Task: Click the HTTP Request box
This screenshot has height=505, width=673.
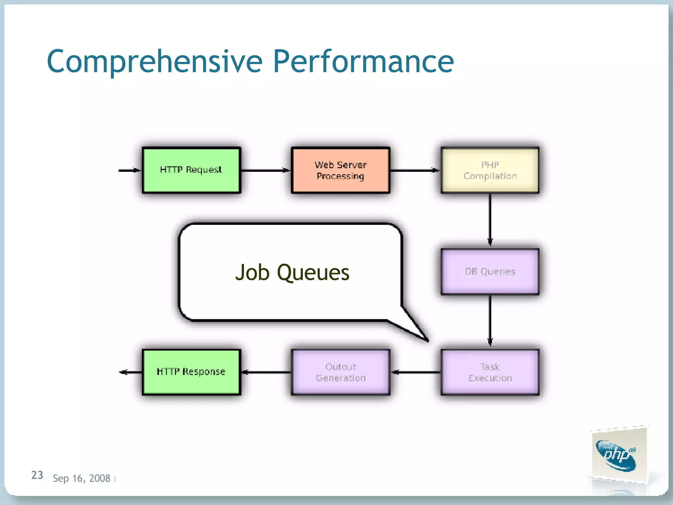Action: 192,170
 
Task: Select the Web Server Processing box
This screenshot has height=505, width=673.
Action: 340,170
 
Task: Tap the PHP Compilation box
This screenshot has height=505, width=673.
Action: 490,170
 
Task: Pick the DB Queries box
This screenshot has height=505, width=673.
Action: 490,271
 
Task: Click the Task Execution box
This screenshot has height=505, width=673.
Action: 490,372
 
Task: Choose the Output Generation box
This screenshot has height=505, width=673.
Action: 340,372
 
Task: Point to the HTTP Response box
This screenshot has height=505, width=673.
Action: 192,372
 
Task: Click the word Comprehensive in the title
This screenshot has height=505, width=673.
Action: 154,61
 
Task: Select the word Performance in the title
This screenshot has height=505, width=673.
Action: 363,61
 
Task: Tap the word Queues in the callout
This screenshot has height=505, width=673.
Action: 313,273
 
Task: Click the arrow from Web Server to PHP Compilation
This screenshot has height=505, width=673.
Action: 415,170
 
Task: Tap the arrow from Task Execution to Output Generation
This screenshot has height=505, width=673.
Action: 416,372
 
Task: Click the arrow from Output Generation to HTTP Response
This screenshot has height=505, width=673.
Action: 266,372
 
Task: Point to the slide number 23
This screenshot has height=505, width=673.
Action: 37,475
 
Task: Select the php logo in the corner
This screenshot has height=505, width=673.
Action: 617,455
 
